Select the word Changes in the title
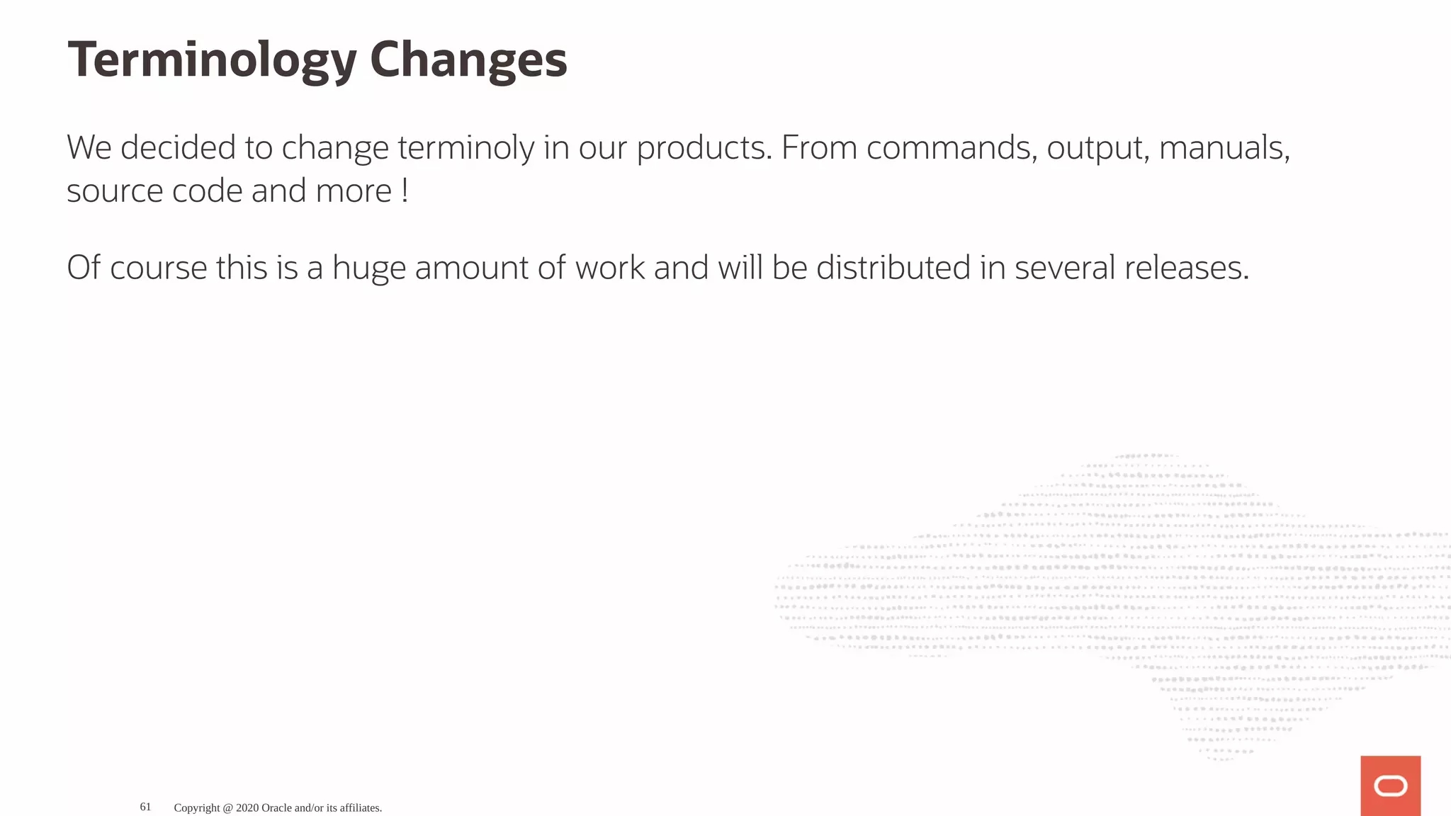[468, 60]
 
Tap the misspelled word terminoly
[465, 148]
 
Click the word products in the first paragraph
[704, 148]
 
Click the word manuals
[1224, 148]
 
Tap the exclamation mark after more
[405, 191]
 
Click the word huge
[368, 268]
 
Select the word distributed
[893, 268]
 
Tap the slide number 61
[145, 807]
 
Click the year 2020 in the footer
[247, 807]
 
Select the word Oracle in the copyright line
[276, 807]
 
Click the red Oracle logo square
[1390, 786]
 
